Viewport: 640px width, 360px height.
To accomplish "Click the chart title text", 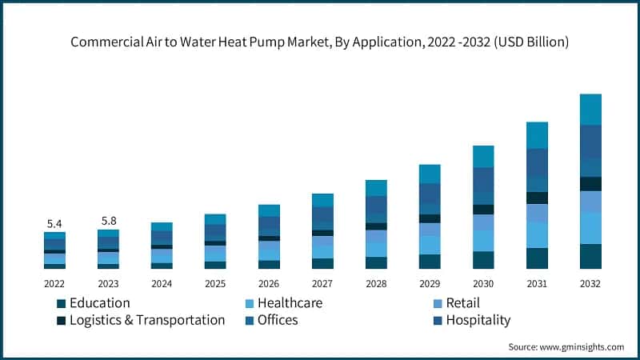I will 320,42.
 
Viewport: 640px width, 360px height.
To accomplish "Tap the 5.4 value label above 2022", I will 54,223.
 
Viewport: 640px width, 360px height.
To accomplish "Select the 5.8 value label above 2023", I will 108,220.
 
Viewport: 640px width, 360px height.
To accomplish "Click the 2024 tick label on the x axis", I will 162,283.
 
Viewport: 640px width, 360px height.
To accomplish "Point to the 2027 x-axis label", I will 322,283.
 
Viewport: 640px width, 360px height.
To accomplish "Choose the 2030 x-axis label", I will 483,283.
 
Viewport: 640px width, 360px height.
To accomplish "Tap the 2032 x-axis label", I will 590,283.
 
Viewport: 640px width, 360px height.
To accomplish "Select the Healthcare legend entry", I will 282,303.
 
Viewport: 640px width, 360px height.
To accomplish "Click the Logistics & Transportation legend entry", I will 140,320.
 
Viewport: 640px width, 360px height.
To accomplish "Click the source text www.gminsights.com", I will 566,346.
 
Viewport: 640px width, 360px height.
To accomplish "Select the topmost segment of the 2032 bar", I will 590,109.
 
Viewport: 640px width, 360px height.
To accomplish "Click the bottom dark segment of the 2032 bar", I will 590,256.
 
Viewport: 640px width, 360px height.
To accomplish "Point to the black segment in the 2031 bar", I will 537,198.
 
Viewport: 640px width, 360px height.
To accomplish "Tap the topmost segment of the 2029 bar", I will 430,174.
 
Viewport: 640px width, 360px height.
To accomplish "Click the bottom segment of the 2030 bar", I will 483,260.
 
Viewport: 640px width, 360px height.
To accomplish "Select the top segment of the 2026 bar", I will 269,210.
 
